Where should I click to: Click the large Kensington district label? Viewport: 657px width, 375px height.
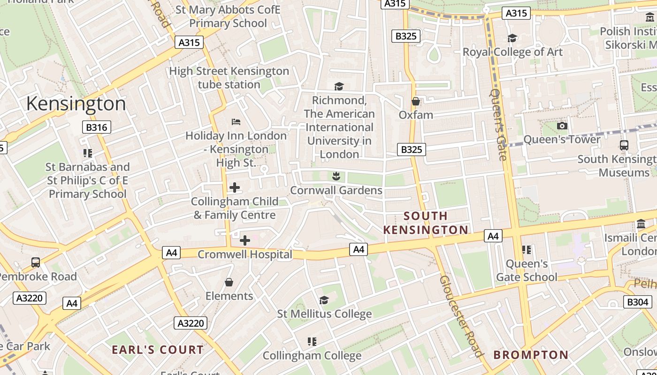click(76, 104)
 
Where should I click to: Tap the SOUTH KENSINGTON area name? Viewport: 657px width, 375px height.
click(426, 223)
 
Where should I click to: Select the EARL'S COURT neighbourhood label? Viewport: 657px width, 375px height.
click(158, 350)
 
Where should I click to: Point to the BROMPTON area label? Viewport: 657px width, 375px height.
click(531, 355)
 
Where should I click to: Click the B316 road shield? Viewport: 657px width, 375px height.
click(97, 127)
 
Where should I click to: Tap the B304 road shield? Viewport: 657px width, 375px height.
click(638, 302)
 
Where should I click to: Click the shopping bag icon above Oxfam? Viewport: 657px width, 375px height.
click(415, 101)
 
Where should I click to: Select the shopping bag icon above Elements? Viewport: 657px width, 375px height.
click(229, 282)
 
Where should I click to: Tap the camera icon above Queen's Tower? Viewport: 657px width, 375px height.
click(562, 126)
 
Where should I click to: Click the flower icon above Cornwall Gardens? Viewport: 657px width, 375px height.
click(336, 176)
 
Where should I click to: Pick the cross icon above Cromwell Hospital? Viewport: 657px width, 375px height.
click(244, 240)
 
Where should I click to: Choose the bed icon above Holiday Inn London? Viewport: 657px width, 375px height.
click(236, 122)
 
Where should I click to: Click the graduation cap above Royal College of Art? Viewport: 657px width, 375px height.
click(512, 38)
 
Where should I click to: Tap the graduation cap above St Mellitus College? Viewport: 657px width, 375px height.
click(324, 300)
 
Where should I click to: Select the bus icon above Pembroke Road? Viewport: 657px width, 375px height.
click(36, 262)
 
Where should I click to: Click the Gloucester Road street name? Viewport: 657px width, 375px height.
click(460, 316)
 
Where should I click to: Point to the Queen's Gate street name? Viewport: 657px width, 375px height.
click(498, 124)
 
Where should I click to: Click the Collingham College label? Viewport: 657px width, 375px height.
click(312, 356)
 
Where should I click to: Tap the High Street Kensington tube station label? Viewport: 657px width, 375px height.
click(229, 78)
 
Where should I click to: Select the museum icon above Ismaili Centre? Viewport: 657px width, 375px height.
click(641, 224)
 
